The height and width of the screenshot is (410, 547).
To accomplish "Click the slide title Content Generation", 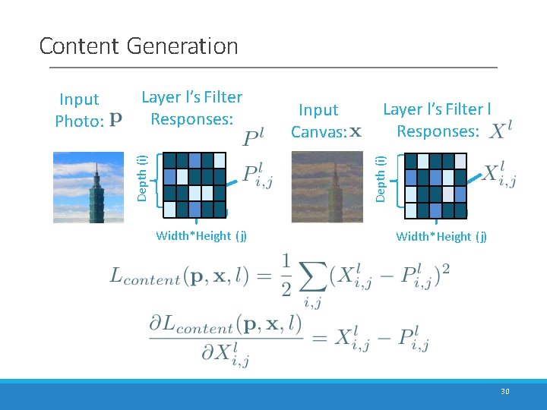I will tap(138, 46).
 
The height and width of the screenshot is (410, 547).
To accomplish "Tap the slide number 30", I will tap(505, 392).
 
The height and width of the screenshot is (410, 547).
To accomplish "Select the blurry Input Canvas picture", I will tap(327, 187).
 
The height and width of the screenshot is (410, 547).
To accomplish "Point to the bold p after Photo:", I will tap(115, 119).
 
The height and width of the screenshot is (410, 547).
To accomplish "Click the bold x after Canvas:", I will tap(355, 131).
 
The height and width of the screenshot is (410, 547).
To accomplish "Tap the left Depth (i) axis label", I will tap(142, 177).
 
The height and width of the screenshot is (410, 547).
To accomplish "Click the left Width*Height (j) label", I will tap(201, 235).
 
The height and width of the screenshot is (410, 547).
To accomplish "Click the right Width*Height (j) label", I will tap(441, 236).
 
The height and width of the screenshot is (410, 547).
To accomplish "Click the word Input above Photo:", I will tap(79, 99).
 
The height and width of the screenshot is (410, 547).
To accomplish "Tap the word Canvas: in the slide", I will tap(318, 131).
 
